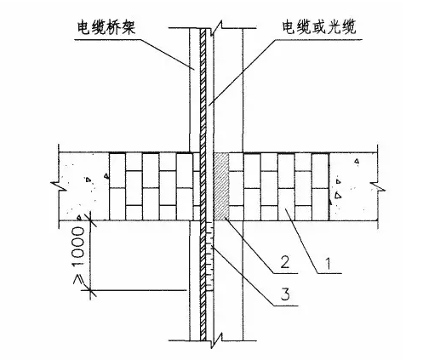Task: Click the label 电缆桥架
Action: [106, 28]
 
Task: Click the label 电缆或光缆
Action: [318, 27]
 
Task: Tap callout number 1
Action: [329, 264]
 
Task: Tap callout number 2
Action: [285, 261]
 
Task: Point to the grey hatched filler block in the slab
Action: [221, 186]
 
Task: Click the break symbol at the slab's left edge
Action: [59, 186]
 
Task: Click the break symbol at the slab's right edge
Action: [378, 186]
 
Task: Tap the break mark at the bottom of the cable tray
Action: [216, 340]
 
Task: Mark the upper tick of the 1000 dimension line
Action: [90, 220]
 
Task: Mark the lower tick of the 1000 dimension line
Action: [90, 290]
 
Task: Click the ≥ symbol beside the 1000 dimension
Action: [78, 279]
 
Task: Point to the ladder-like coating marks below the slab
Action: [210, 256]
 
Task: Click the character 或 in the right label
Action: [318, 27]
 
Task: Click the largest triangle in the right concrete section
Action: [338, 195]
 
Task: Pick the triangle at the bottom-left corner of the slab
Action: [79, 217]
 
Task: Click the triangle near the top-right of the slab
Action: [357, 161]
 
